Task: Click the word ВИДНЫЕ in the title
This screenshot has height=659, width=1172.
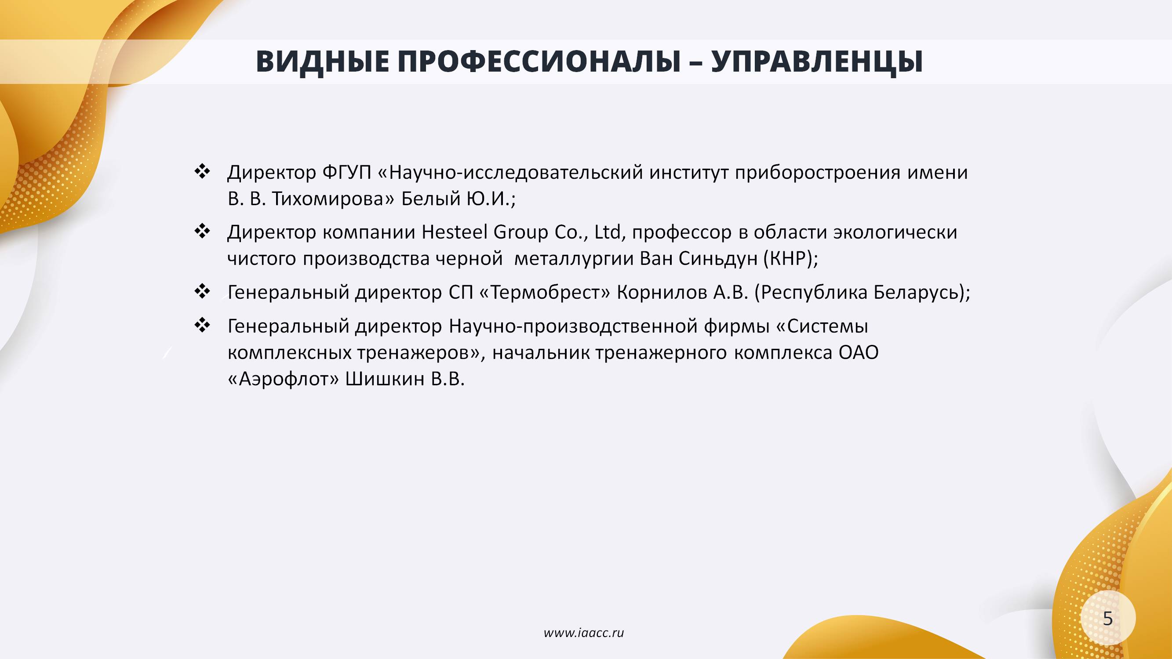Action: pos(323,62)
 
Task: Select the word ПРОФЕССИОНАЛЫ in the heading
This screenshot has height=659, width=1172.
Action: pos(539,62)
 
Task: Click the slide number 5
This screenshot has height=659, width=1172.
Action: pos(1108,619)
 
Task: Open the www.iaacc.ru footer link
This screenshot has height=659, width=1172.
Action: pos(584,633)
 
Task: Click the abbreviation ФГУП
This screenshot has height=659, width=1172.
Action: pos(347,172)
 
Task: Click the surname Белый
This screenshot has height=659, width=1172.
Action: pos(430,199)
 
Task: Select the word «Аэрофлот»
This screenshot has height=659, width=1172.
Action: pos(283,379)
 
